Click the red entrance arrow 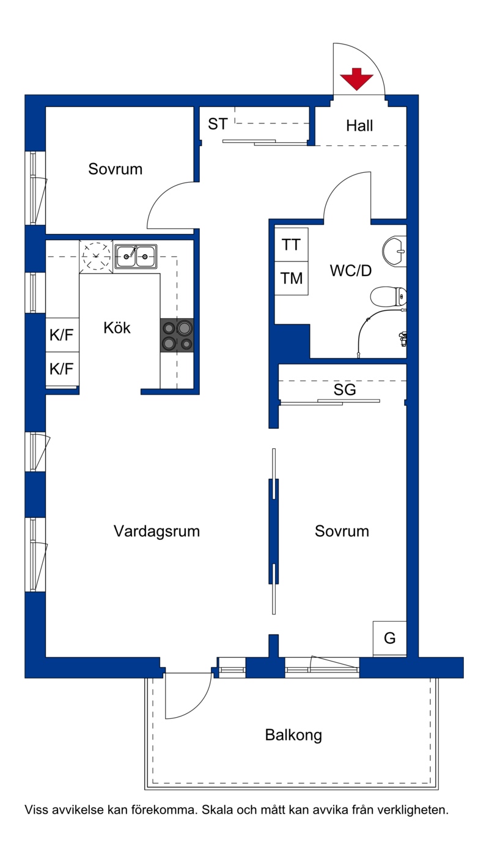pyautogui.click(x=356, y=79)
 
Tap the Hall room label pyautogui.click(x=359, y=126)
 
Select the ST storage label pyautogui.click(x=218, y=124)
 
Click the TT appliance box pyautogui.click(x=291, y=244)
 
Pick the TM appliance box pyautogui.click(x=291, y=279)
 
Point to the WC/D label pyautogui.click(x=351, y=271)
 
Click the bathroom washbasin pyautogui.click(x=394, y=252)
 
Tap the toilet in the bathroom pyautogui.click(x=388, y=296)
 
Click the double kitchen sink pyautogui.click(x=136, y=256)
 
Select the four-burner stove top pyautogui.click(x=177, y=335)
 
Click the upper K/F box pyautogui.click(x=62, y=335)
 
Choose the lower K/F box pyautogui.click(x=62, y=368)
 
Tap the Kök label pyautogui.click(x=117, y=327)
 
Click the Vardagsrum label pyautogui.click(x=156, y=531)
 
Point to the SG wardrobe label pyautogui.click(x=345, y=390)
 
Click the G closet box pyautogui.click(x=389, y=638)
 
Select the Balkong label pyautogui.click(x=293, y=735)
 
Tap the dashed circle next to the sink pyautogui.click(x=96, y=256)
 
